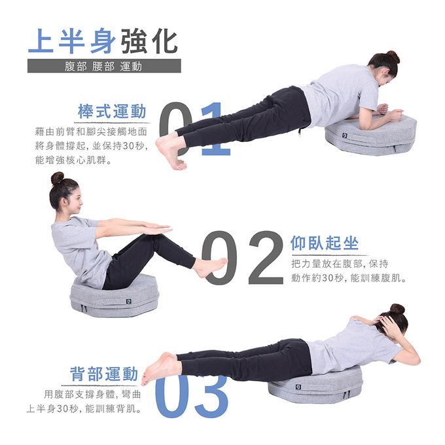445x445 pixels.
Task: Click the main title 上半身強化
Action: (103, 41)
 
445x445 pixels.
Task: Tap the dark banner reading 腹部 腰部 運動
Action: (104, 66)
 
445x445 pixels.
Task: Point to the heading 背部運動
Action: (104, 374)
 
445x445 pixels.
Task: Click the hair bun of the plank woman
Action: (392, 57)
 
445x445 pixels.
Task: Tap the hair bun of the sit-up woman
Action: (58, 178)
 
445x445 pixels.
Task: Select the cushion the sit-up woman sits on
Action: (115, 298)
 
